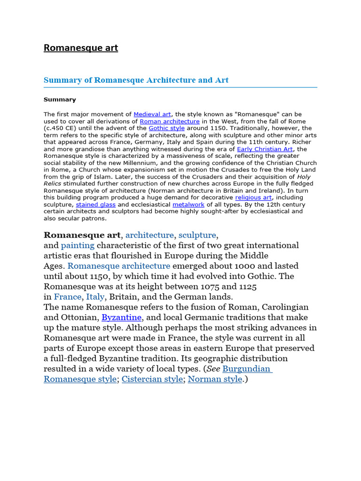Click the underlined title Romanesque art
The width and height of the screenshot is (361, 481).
click(x=81, y=48)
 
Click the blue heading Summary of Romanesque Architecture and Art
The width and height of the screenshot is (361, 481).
click(x=136, y=80)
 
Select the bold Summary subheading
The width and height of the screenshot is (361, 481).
click(x=60, y=100)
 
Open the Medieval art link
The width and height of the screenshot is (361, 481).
click(x=152, y=114)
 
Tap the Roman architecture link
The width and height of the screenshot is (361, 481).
click(x=170, y=121)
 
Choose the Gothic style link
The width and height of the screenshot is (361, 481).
click(x=166, y=128)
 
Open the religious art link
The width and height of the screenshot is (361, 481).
click(x=253, y=198)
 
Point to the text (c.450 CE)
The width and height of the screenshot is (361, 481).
click(x=60, y=128)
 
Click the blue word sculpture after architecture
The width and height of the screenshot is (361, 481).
click(x=197, y=235)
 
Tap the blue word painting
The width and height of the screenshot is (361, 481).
click(x=78, y=245)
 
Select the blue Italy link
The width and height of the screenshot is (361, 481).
click(x=95, y=297)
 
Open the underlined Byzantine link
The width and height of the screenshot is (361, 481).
click(x=121, y=318)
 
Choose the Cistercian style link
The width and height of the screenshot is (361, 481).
click(x=152, y=379)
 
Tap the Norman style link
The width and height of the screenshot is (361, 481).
click(x=215, y=379)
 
